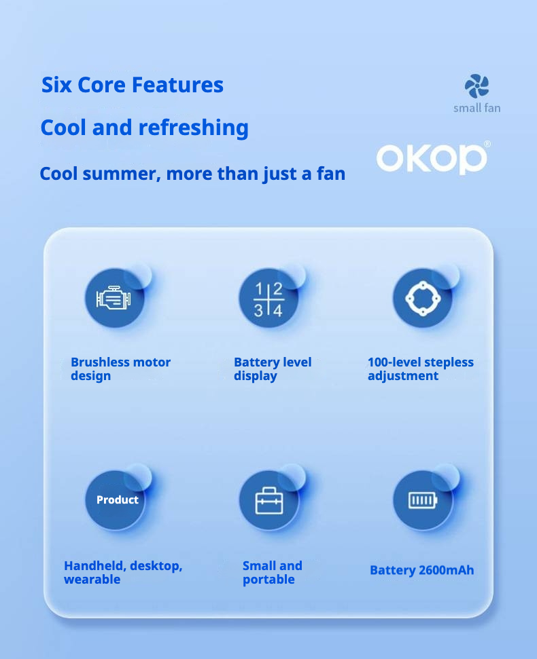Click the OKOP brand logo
point(432,158)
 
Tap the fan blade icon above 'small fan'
point(477,86)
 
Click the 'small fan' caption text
point(477,108)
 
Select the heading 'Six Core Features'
point(132,84)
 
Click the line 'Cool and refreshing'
point(144,128)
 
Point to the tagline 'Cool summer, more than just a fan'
point(192,174)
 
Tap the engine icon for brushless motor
point(114,297)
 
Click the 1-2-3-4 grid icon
point(268,299)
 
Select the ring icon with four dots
point(423,299)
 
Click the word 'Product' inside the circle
point(118,500)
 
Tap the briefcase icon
point(269,501)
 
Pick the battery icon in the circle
point(423,500)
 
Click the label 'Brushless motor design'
point(120,369)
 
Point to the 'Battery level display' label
point(273,369)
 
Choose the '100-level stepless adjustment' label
point(421,369)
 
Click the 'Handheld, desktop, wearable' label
point(123,572)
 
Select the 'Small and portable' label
point(273,572)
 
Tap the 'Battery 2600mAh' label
point(421,570)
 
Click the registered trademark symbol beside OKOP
point(487,144)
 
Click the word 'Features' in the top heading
point(177,84)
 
